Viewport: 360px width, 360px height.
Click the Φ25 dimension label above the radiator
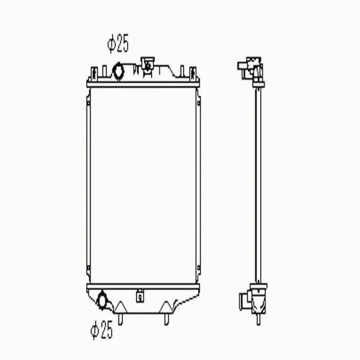click(118, 43)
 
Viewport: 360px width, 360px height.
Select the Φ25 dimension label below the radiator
click(102, 330)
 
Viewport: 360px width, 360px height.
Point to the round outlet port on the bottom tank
click(102, 300)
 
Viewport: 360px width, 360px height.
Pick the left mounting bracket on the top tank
click(94, 74)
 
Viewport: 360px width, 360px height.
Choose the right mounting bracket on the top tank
click(193, 74)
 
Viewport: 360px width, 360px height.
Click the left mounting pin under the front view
click(120, 319)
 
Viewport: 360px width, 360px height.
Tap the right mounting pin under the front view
click(166, 319)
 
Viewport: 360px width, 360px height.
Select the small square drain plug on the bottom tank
click(140, 296)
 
